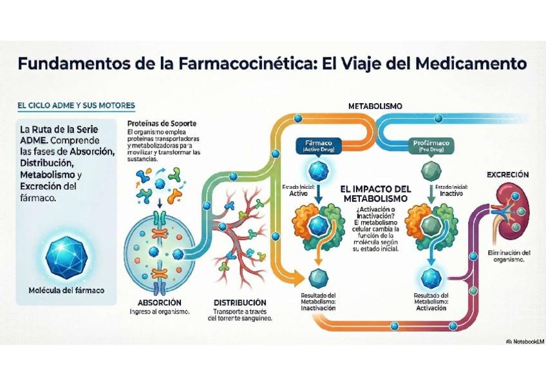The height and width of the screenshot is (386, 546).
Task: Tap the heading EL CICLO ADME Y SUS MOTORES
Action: coord(76,105)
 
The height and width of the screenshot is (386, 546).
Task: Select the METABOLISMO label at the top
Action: coord(375,105)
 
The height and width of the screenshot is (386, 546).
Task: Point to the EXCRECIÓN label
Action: coord(507,175)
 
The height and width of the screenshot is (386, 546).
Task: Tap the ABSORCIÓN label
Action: coord(160,302)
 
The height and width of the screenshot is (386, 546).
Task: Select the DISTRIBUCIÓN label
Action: coord(240,302)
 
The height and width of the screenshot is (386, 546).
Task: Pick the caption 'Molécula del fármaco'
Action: coord(66,290)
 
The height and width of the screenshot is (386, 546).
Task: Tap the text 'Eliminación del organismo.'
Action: coord(509,256)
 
